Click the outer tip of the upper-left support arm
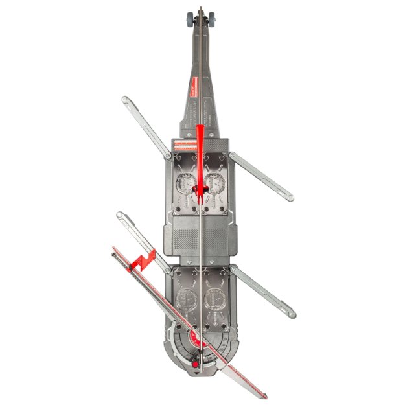(125, 99)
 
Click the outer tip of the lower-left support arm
(120, 215)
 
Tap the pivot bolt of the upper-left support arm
(168, 156)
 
